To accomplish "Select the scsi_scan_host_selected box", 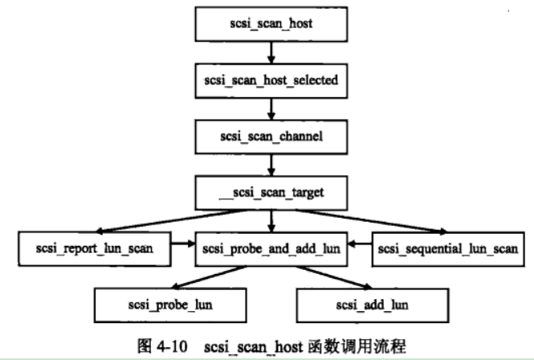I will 271,80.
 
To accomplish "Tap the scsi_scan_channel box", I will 271,137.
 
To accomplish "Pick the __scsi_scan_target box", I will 271,194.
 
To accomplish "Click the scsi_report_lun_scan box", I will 95,248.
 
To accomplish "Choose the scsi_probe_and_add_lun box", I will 271,248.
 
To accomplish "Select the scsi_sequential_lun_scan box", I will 448,248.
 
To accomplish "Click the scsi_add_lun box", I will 366,305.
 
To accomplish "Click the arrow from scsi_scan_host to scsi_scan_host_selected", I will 271,53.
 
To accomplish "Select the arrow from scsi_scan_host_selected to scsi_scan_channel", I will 271,108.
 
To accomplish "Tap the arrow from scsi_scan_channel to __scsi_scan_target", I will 271,165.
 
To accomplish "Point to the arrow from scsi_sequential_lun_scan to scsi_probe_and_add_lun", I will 358,248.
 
